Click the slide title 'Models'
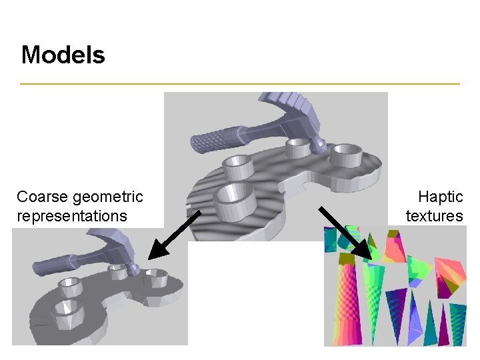(x=63, y=55)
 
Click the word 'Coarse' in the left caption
(x=43, y=197)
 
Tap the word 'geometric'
(x=109, y=197)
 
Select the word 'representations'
(x=72, y=216)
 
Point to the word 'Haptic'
(x=440, y=197)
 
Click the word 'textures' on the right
(x=434, y=216)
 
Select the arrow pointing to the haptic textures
(x=344, y=232)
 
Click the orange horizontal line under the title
(x=240, y=84)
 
